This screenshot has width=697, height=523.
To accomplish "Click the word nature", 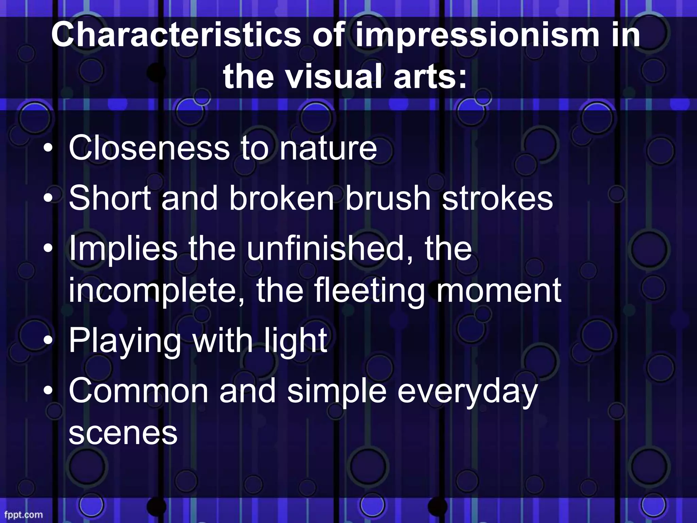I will [x=328, y=148].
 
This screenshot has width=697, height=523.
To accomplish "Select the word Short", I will [x=110, y=198].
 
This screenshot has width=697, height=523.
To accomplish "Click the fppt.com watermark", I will [x=23, y=514].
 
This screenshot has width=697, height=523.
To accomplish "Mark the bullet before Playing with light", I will [x=50, y=340].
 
